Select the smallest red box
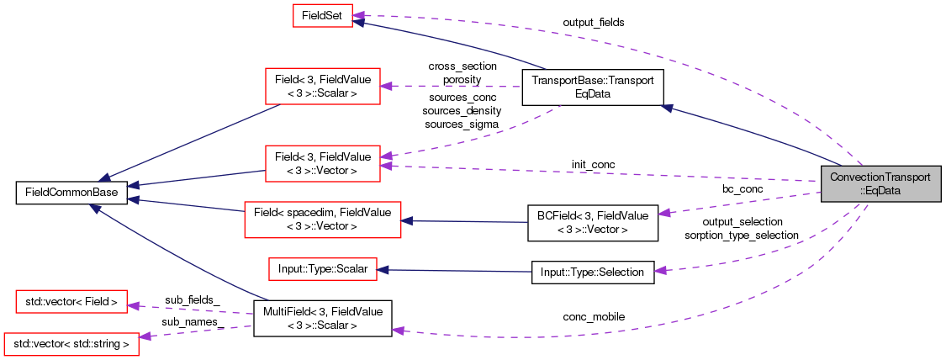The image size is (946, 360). pyautogui.click(x=322, y=15)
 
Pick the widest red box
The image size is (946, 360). pyautogui.click(x=322, y=220)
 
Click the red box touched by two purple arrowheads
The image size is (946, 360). pyautogui.click(x=323, y=163)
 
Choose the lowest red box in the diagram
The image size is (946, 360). pyautogui.click(x=71, y=344)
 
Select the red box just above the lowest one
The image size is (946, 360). pyautogui.click(x=71, y=301)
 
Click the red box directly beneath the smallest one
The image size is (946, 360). pyautogui.click(x=323, y=86)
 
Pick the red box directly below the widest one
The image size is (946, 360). pyautogui.click(x=322, y=269)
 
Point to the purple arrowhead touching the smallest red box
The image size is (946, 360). pyautogui.click(x=358, y=15)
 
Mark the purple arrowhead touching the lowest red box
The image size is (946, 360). pyautogui.click(x=145, y=336)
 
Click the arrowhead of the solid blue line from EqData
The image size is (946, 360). pyautogui.click(x=666, y=108)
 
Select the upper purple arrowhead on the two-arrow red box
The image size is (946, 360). pyautogui.click(x=385, y=156)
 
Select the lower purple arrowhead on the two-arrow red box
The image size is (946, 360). pyautogui.click(x=385, y=167)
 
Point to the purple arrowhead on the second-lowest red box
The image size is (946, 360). pyautogui.click(x=133, y=306)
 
